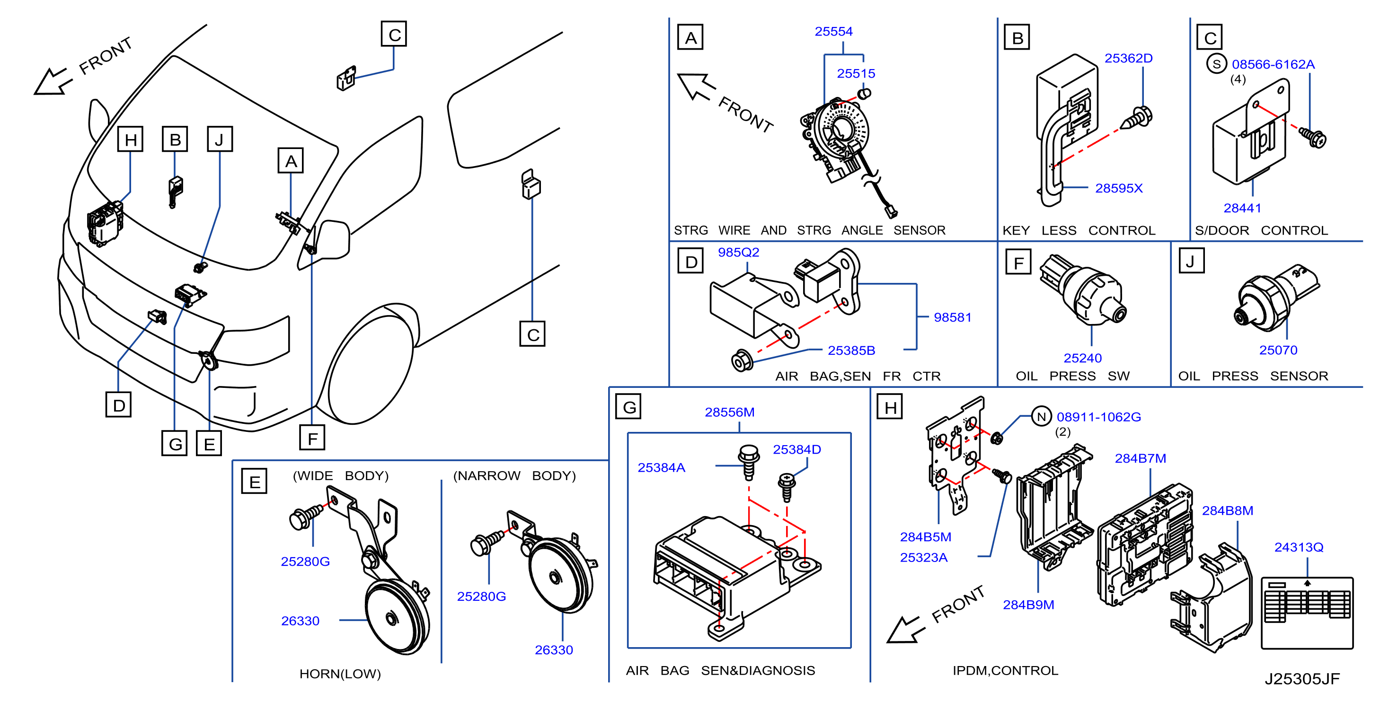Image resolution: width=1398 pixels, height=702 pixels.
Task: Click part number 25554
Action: coord(833,32)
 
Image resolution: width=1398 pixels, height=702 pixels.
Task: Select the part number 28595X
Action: coord(1118,188)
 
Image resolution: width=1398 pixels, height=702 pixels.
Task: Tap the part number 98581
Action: coord(953,317)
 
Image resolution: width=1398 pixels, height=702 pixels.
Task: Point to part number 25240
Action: coord(1083,358)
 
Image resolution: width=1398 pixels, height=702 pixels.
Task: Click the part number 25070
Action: coord(1278,350)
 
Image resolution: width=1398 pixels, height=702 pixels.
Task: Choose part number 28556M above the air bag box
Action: coord(729,412)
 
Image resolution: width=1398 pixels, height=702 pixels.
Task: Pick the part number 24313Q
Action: coord(1299,547)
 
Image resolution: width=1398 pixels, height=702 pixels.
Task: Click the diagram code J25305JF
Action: coord(1302,679)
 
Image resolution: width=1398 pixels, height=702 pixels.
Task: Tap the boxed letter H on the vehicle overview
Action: coord(130,139)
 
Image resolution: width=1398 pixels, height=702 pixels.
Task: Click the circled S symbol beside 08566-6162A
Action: coord(1217,64)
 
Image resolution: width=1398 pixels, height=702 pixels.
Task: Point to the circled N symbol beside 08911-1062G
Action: coord(1041,417)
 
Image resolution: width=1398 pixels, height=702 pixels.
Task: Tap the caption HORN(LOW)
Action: coord(340,674)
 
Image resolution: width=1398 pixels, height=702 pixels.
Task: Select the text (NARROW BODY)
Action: coord(514,476)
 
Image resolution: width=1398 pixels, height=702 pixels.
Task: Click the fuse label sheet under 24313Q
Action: coord(1307,613)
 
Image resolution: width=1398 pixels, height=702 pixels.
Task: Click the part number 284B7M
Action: coord(1140,458)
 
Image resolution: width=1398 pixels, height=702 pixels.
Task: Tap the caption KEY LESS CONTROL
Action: coord(1079,230)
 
